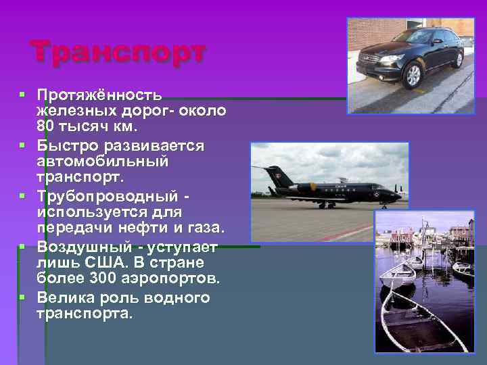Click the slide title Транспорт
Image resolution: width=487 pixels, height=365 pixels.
pyautogui.click(x=118, y=52)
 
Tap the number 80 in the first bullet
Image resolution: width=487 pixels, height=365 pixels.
pyautogui.click(x=47, y=126)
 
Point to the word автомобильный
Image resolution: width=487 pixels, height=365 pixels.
pyautogui.click(x=103, y=162)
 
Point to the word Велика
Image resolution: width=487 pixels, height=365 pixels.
pyautogui.click(x=66, y=297)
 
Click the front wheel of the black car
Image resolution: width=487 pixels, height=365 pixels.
pyautogui.click(x=412, y=76)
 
